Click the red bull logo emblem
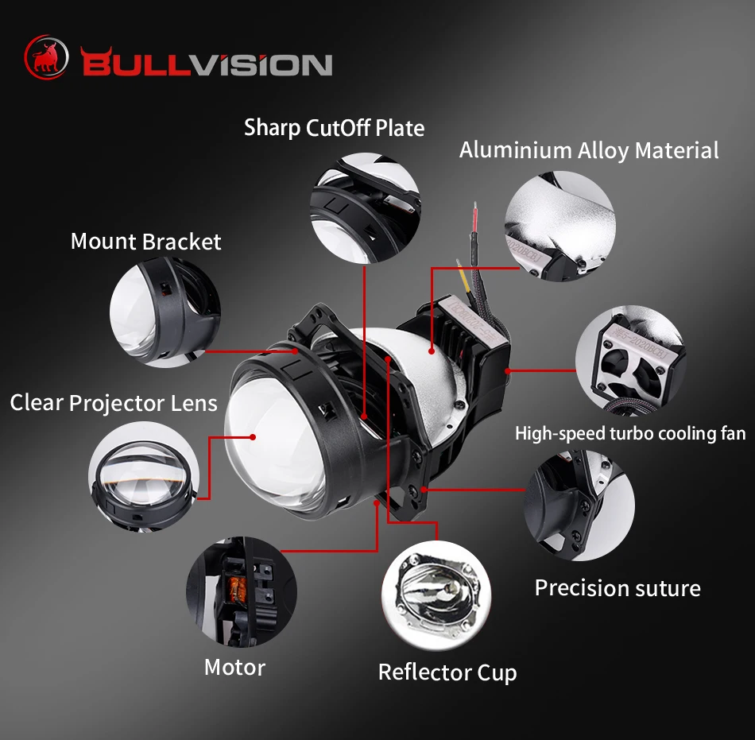pos(47,57)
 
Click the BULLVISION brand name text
pos(206,64)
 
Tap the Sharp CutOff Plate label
pos(334,128)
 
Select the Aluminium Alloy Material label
pos(589,150)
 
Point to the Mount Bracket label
pos(145,242)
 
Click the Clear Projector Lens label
pos(114,403)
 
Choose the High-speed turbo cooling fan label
pos(630,433)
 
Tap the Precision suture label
pos(618,588)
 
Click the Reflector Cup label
pos(447,672)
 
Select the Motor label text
pos(234,667)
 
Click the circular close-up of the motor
pos(241,591)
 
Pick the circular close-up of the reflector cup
pos(436,595)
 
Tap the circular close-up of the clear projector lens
pos(143,475)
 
